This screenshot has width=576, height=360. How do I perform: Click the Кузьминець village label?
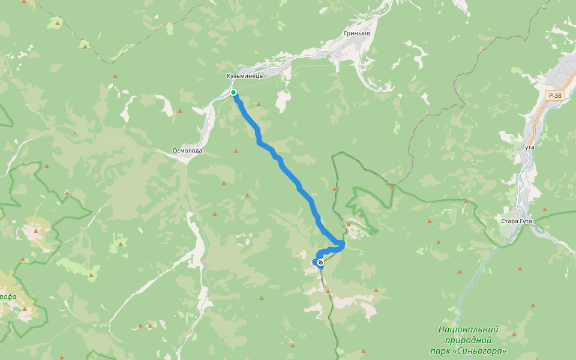click(245, 76)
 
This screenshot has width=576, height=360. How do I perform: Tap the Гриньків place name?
click(357, 33)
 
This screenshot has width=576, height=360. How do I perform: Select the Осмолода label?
click(187, 151)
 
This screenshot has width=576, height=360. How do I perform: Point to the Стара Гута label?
click(516, 221)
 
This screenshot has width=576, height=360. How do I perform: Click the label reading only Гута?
click(528, 146)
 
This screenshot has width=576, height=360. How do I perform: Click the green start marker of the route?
click(233, 92)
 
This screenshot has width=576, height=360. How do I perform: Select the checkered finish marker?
click(320, 262)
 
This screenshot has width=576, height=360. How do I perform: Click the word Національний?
click(468, 329)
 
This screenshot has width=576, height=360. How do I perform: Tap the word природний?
click(468, 340)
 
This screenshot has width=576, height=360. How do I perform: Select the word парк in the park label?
click(439, 351)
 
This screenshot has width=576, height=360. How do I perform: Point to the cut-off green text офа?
click(8, 296)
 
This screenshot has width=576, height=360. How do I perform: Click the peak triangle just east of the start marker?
click(259, 104)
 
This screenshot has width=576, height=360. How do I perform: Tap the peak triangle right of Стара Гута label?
click(544, 209)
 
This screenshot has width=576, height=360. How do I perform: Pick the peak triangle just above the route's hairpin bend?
click(347, 224)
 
